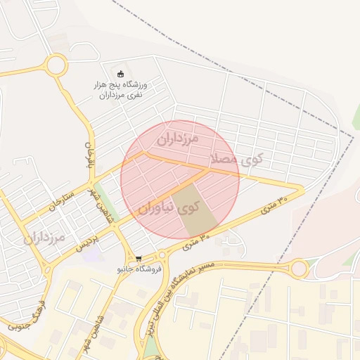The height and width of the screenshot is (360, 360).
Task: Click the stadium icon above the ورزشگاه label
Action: pyautogui.click(x=120, y=74)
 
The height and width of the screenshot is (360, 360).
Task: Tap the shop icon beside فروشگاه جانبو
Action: pyautogui.click(x=139, y=258)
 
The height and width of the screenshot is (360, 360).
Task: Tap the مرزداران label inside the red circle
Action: pyautogui.click(x=178, y=138)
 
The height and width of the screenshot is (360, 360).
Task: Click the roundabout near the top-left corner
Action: pyautogui.click(x=56, y=66)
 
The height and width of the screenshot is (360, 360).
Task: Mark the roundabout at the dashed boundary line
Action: pyautogui.click(x=299, y=268)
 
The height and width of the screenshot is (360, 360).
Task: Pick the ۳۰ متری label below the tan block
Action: pyautogui.click(x=197, y=243)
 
